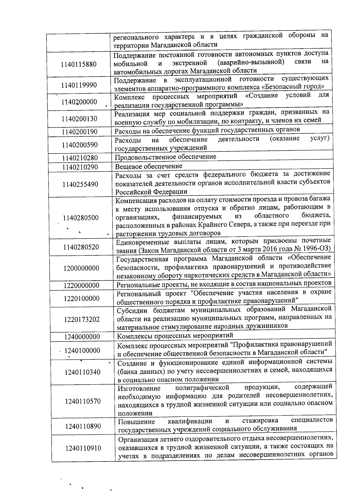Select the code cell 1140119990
(x=79, y=85)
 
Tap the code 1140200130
(x=79, y=119)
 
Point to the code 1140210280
(x=80, y=158)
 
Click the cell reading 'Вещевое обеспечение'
(x=149, y=166)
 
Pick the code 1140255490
(x=80, y=184)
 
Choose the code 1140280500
(x=81, y=218)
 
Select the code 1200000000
(x=81, y=268)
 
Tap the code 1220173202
(x=82, y=319)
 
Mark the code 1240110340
(x=82, y=372)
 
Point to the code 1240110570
(x=83, y=401)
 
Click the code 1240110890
(x=83, y=426)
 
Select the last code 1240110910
(x=83, y=448)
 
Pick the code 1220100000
(x=82, y=299)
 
